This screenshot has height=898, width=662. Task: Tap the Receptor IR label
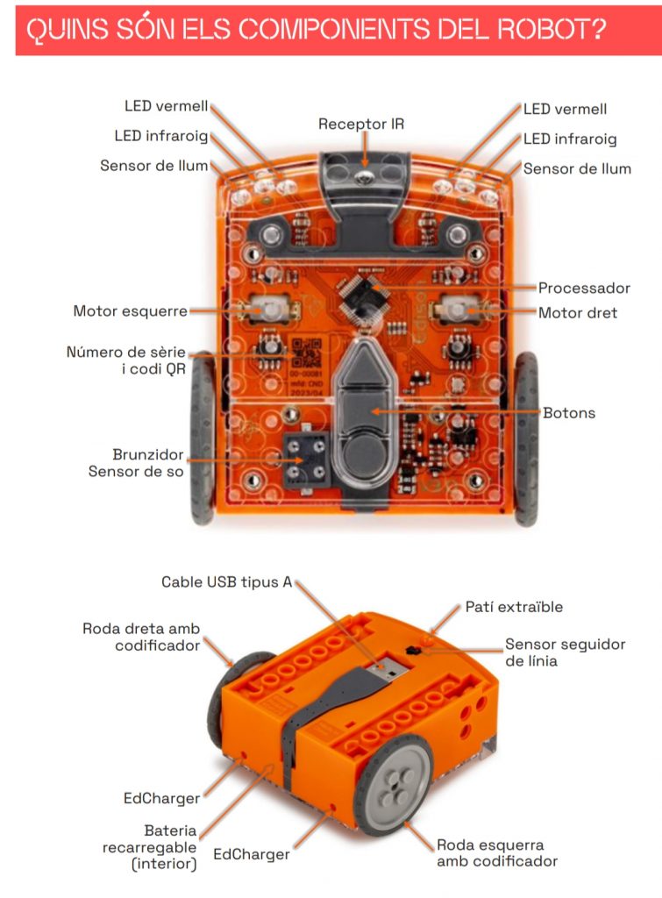(x=361, y=125)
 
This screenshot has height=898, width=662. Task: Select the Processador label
(x=584, y=288)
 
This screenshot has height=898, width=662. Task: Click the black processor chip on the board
(x=362, y=296)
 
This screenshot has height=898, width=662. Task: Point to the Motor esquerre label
(x=130, y=310)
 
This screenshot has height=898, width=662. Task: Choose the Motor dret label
(x=577, y=312)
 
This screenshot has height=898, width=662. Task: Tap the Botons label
(x=569, y=412)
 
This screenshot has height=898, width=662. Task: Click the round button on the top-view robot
(x=367, y=453)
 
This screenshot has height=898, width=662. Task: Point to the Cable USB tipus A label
(x=226, y=582)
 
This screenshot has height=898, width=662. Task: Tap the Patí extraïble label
(x=514, y=607)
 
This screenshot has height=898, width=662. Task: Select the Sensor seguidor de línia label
(x=565, y=652)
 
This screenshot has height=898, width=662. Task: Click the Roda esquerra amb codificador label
(x=496, y=853)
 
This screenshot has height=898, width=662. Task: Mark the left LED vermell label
(x=167, y=107)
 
